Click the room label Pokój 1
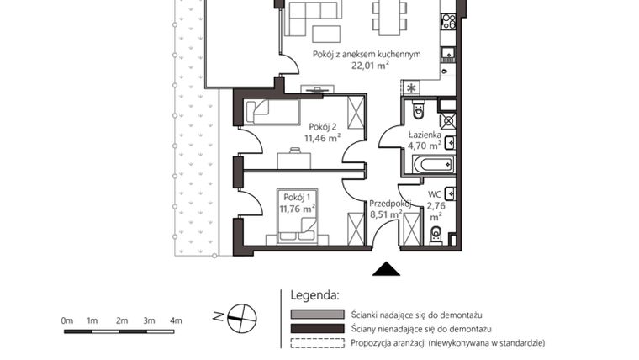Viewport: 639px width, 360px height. [x=296, y=196]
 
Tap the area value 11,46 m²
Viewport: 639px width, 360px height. [x=322, y=139]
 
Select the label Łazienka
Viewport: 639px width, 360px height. [x=425, y=133]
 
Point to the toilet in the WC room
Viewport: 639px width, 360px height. [x=436, y=235]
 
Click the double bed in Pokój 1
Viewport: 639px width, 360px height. [x=298, y=225]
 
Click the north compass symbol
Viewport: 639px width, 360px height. [x=243, y=316]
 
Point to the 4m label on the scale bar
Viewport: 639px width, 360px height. [x=176, y=320]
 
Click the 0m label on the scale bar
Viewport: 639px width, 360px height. [x=67, y=320]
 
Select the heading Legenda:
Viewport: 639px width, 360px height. [x=314, y=295]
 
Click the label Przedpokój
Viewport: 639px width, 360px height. [x=389, y=203]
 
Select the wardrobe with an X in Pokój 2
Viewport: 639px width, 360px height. [x=356, y=112]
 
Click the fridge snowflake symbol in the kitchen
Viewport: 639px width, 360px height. [x=411, y=87]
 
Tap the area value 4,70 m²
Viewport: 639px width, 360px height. [x=425, y=145]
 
